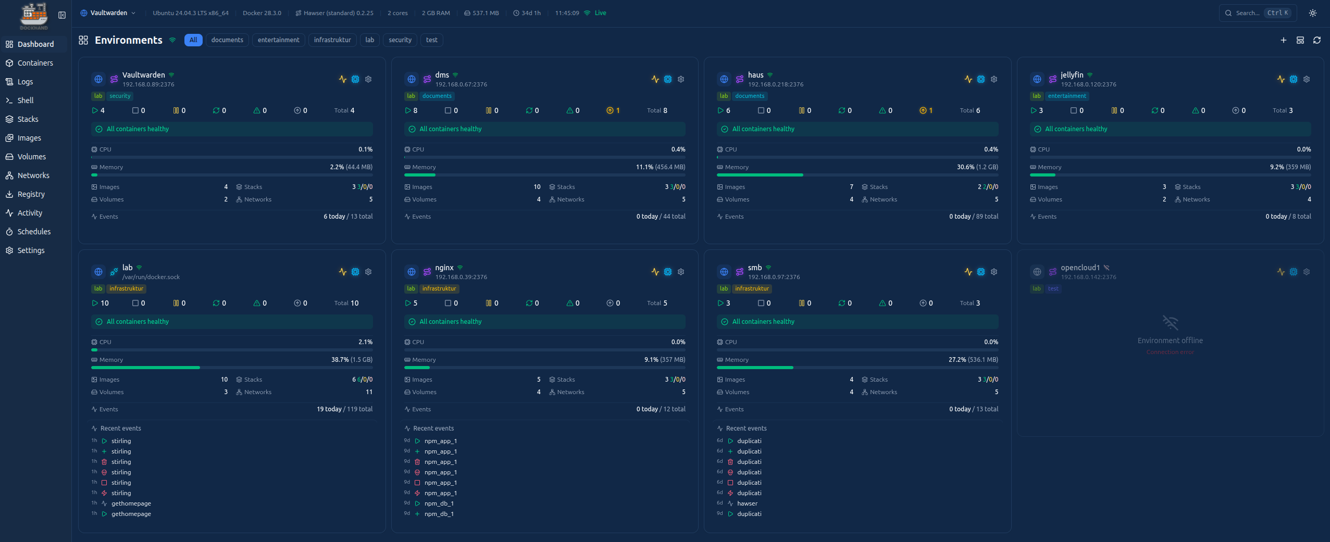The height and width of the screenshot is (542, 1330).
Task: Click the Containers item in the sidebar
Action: click(x=35, y=63)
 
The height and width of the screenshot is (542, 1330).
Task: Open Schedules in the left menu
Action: click(x=34, y=232)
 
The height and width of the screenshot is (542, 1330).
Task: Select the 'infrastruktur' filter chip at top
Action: click(x=332, y=40)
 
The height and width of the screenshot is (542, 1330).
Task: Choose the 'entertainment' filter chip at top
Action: click(x=278, y=40)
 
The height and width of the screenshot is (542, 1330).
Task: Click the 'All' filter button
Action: click(x=193, y=40)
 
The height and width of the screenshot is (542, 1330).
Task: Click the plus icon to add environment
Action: click(x=1284, y=40)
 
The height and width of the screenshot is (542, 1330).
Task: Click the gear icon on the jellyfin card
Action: click(x=1307, y=79)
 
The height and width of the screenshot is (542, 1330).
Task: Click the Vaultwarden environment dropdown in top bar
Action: click(x=108, y=13)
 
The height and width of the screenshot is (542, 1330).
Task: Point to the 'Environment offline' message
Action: click(x=1170, y=341)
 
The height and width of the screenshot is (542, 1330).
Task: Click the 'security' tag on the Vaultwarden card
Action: click(x=120, y=96)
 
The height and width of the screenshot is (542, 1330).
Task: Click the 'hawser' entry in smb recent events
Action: click(x=747, y=503)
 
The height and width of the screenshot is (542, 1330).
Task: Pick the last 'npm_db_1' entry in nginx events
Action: click(x=439, y=514)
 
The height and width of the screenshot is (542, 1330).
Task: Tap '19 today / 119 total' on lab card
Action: click(x=344, y=409)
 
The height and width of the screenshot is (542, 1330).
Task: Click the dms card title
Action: click(x=442, y=75)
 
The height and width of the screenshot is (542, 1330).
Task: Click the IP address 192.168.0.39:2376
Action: click(x=461, y=277)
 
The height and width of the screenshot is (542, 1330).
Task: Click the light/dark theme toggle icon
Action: click(x=1313, y=13)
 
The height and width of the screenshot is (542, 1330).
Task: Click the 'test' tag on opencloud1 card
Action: click(x=1053, y=288)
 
